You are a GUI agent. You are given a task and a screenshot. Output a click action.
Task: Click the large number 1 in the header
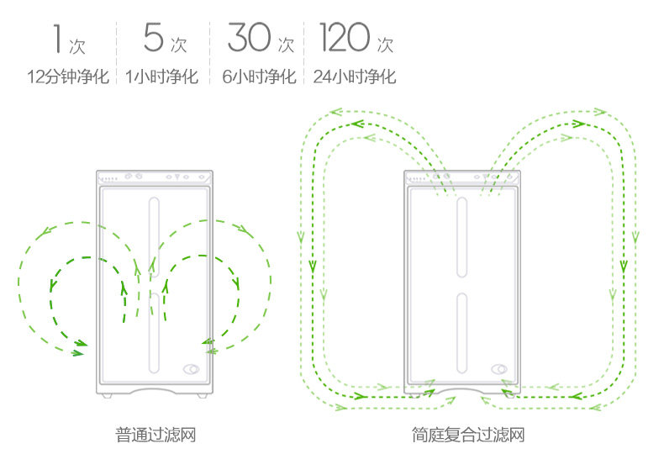pos(56,38)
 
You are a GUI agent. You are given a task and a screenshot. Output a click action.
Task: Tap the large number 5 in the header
pos(152,38)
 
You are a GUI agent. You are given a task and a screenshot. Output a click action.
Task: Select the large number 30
pos(250,38)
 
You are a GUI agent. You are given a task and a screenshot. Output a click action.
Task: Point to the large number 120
pos(345,38)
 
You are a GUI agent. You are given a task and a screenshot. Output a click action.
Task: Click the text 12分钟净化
pos(68,77)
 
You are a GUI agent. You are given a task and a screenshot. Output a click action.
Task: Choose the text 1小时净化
pos(161,77)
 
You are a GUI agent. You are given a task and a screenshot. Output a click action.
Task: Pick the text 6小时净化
pos(260,77)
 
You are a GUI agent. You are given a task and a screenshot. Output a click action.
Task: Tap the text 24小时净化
pos(354,77)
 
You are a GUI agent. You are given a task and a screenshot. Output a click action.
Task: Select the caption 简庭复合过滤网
pos(468,435)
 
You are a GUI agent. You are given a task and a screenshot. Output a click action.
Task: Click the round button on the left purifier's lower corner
pos(191,368)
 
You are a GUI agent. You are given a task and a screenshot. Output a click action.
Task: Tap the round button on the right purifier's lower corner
pos(498,368)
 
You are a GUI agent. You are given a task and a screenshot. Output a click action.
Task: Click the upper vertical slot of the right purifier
pos(461,236)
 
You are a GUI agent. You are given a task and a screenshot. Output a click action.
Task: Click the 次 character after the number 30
pos(286,44)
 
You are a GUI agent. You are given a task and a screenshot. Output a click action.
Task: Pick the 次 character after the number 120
pos(385,44)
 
